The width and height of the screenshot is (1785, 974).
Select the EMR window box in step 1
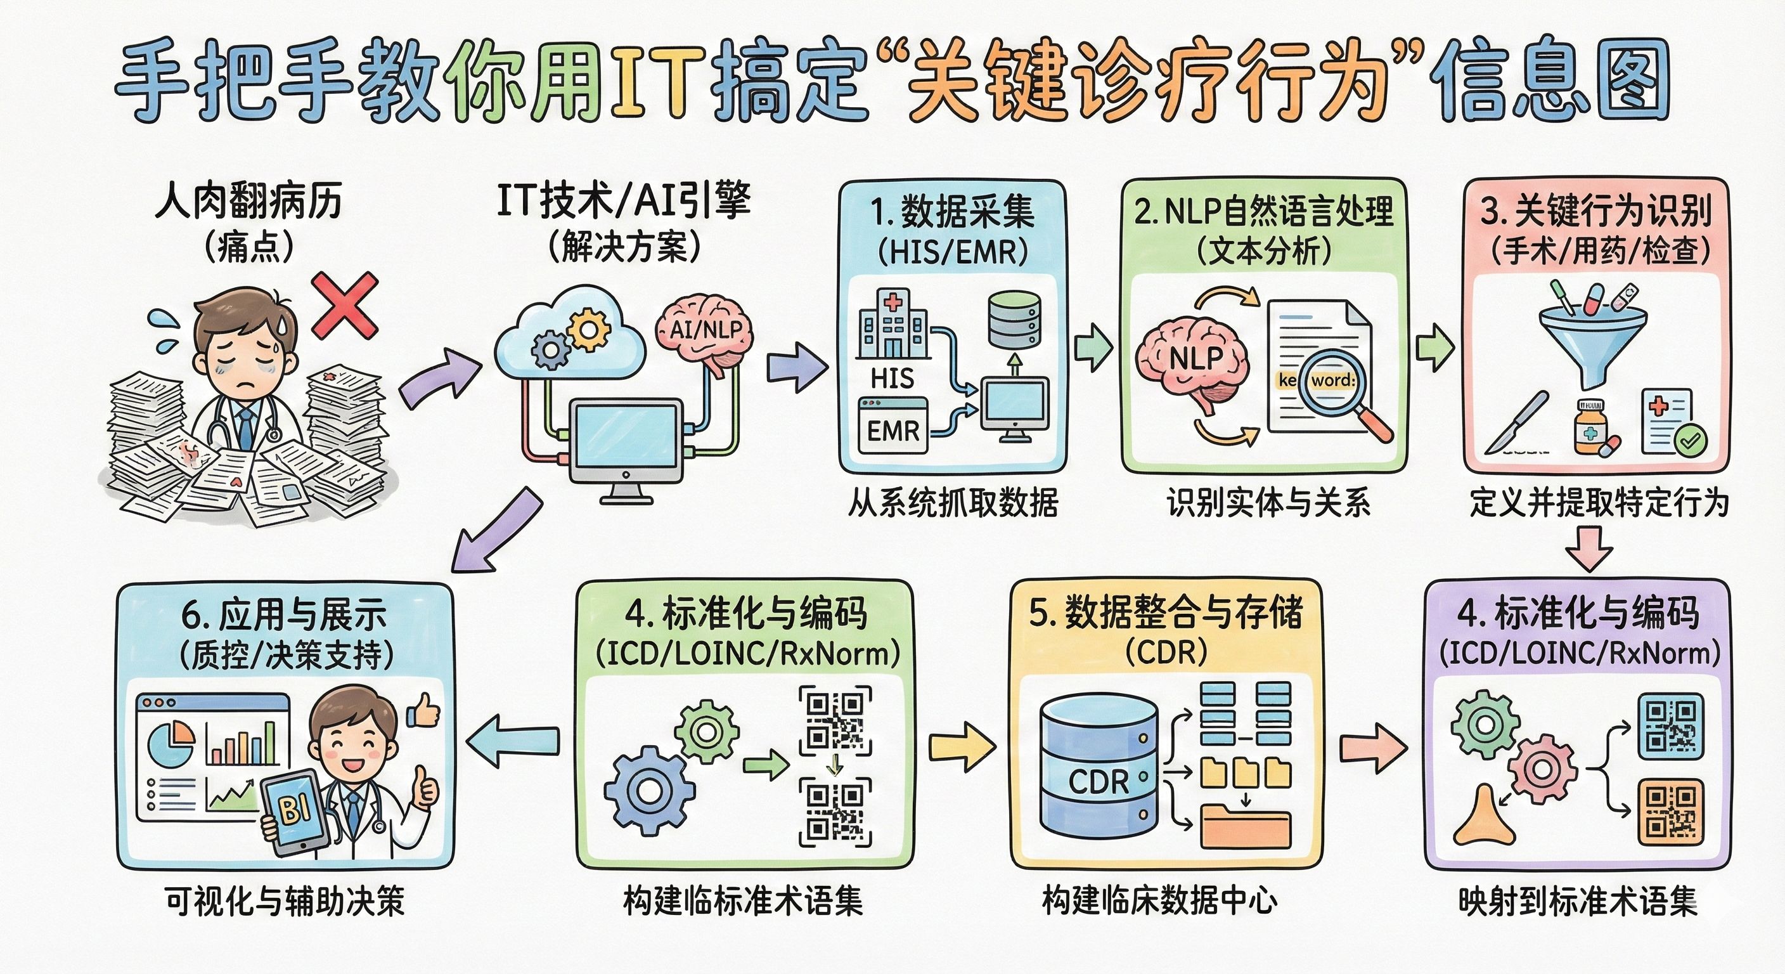tap(892, 425)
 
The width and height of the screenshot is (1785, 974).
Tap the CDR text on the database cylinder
tap(1099, 781)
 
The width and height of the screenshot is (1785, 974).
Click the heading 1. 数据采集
tap(952, 212)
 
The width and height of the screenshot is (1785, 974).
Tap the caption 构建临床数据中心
tap(1160, 900)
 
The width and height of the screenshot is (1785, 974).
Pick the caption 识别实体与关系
tap(1268, 503)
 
